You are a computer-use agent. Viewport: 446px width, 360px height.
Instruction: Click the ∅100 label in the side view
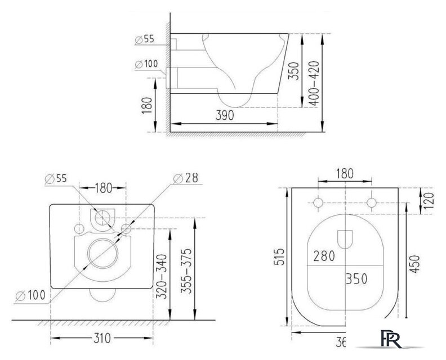click(x=146, y=64)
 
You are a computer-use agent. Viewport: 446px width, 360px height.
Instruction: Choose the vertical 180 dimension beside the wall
click(x=146, y=105)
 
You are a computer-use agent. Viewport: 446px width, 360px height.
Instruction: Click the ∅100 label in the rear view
click(x=29, y=294)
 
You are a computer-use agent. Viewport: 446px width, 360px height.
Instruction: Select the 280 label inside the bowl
click(x=324, y=256)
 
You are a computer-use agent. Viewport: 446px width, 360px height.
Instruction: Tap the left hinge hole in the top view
click(x=318, y=202)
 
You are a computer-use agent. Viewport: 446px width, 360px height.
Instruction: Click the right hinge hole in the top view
click(x=371, y=202)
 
